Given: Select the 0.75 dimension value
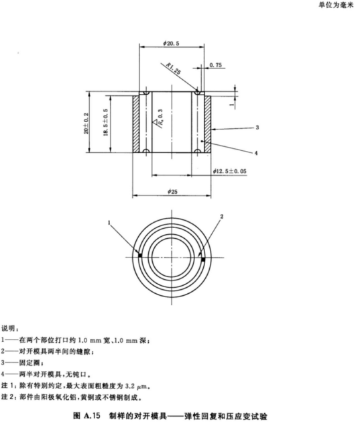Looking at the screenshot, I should pyautogui.click(x=216, y=65).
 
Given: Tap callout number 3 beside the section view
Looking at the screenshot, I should pyautogui.click(x=257, y=126).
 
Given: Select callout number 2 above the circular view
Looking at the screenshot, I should pyautogui.click(x=222, y=216).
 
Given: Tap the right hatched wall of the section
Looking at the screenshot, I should pyautogui.click(x=207, y=122).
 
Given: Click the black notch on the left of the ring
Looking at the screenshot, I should pyautogui.click(x=139, y=255).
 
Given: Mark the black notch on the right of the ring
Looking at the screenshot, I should pyautogui.click(x=202, y=258).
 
